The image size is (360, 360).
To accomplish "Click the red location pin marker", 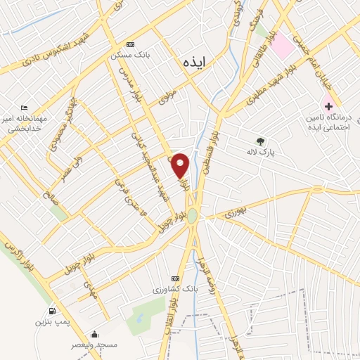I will [x=181, y=165].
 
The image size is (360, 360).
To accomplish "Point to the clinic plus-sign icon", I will [x=328, y=105].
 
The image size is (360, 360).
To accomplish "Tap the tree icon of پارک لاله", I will [x=262, y=141].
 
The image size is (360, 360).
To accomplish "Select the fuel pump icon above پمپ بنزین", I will [x=51, y=311].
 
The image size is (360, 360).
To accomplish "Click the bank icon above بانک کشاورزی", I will [x=175, y=278].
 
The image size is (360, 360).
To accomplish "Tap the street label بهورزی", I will [x=237, y=212].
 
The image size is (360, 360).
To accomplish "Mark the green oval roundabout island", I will [x=192, y=216].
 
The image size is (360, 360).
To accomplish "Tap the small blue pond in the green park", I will [x=139, y=317].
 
